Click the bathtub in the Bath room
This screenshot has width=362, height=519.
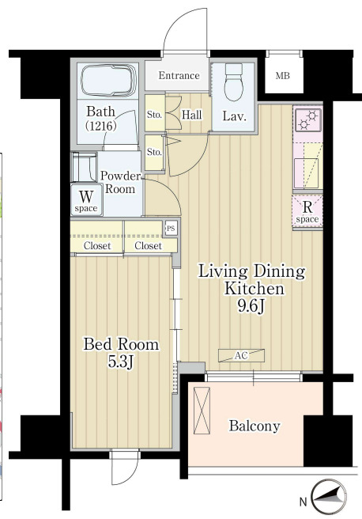(109, 81)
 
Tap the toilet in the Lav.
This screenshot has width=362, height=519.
(234, 82)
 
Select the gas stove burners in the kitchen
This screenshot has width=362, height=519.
(308, 119)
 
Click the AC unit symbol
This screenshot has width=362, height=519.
(241, 355)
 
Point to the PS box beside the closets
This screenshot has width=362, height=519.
(171, 228)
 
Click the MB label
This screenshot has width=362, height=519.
(283, 76)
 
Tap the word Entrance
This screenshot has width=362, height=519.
(179, 75)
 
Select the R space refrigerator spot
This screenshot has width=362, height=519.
(307, 212)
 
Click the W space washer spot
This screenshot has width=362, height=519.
(86, 200)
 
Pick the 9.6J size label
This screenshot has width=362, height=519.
(251, 307)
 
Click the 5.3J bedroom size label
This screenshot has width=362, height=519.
(121, 362)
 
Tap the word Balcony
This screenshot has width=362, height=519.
(255, 426)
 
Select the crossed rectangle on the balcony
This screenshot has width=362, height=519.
(202, 410)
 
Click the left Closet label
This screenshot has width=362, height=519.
(97, 246)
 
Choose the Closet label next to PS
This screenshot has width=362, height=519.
(148, 246)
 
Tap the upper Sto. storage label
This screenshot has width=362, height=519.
(154, 115)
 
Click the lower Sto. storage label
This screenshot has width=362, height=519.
(154, 152)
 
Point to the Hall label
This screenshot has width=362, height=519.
(192, 115)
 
